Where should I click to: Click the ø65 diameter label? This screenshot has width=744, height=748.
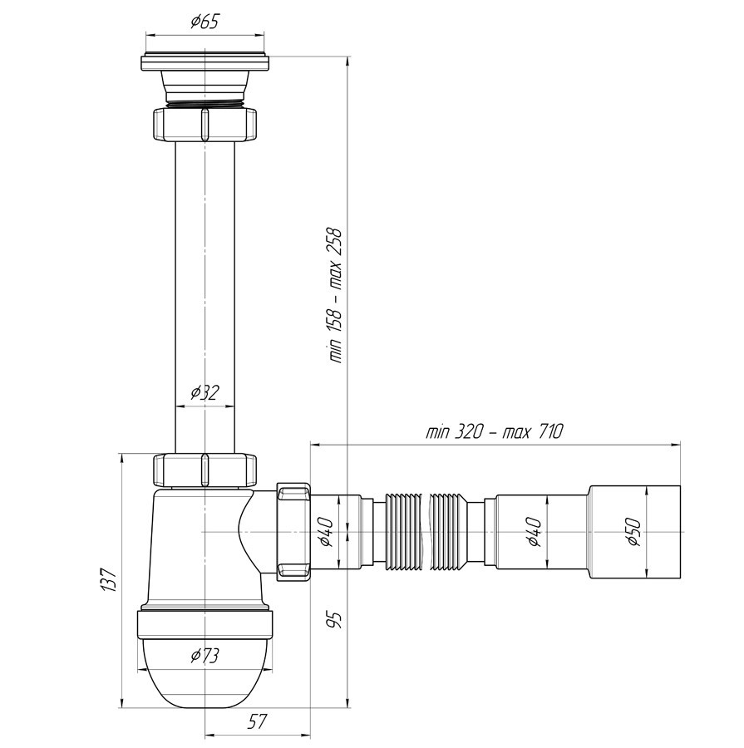pos(204,22)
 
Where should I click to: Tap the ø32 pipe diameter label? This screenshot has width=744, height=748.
pos(205,392)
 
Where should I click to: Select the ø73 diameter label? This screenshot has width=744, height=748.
pos(204,656)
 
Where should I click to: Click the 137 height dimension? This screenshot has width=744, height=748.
pos(109,580)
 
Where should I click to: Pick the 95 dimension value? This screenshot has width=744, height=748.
pos(335,620)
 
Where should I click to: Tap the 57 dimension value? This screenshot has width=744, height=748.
pos(257,721)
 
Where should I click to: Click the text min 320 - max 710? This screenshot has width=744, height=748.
pos(495,431)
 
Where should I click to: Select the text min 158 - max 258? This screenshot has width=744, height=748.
pos(336,296)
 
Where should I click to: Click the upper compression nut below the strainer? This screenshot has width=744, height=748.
pos(204,125)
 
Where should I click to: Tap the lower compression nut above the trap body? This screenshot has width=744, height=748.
pos(204,470)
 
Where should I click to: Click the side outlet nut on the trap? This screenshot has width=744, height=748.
pos(293,531)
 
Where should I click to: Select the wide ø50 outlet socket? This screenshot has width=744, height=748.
pos(635,532)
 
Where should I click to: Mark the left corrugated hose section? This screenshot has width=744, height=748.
pos(404,531)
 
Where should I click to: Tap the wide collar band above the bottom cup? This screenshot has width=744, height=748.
pos(205,623)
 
